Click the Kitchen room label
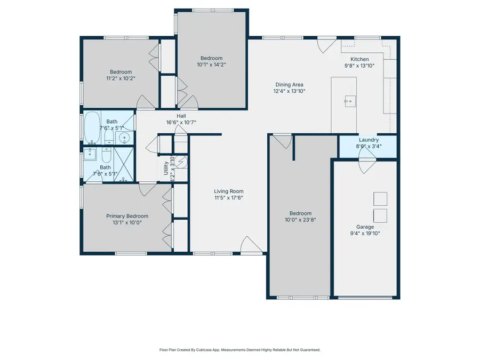359,59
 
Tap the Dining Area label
290,84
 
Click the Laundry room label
369,140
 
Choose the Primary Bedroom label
127,216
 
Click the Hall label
181,116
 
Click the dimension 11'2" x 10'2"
121,78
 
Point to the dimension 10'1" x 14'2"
211,65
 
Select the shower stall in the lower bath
123,165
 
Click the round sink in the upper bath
125,137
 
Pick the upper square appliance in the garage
380,198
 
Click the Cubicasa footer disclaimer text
239,350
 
